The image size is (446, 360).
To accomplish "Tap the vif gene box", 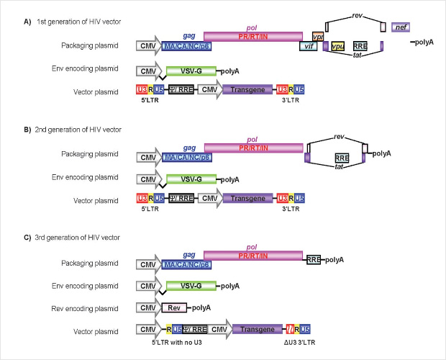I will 309,45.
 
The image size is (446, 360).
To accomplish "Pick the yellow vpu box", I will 337,46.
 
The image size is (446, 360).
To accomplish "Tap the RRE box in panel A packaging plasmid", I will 362,45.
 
